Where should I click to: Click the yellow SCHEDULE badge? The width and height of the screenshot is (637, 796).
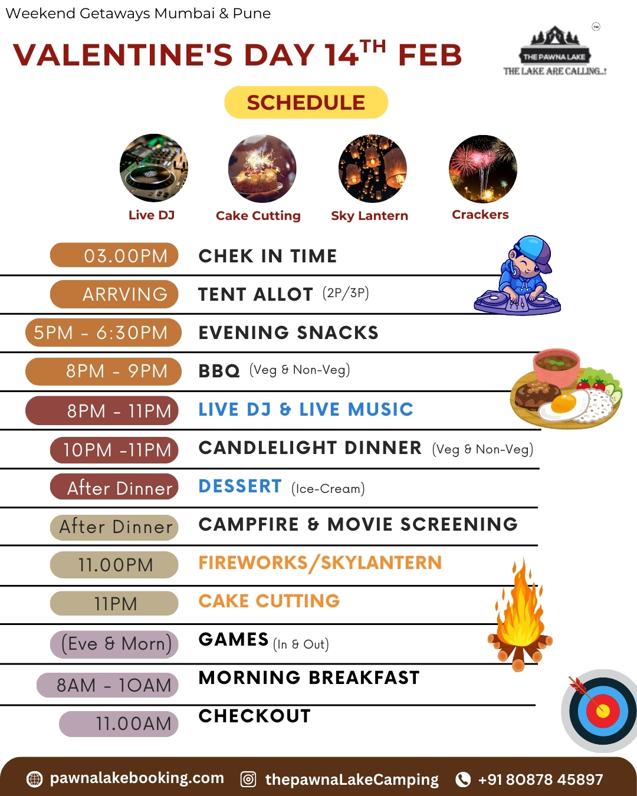point(306,102)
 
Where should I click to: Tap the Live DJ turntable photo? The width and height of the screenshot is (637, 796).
point(153,168)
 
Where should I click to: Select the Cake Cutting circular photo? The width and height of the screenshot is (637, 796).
point(262,169)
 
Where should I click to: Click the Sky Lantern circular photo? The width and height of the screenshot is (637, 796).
point(373,169)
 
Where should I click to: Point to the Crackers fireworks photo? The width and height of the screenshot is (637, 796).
point(483,169)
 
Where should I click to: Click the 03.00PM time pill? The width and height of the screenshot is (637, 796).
point(114,255)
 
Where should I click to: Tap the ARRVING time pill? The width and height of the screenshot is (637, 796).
point(114,294)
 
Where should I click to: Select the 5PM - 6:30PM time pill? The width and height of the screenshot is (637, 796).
point(103,332)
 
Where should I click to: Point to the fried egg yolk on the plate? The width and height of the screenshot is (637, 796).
point(564,403)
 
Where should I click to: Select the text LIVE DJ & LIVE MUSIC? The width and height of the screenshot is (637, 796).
point(306,409)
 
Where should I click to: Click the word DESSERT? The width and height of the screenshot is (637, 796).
point(240,486)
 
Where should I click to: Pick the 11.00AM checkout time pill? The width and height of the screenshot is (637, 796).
point(119,723)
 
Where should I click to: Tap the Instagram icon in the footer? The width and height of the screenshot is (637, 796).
point(248,779)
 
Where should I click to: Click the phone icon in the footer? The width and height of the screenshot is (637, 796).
point(463,779)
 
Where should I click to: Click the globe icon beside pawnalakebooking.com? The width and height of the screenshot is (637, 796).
point(34,779)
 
